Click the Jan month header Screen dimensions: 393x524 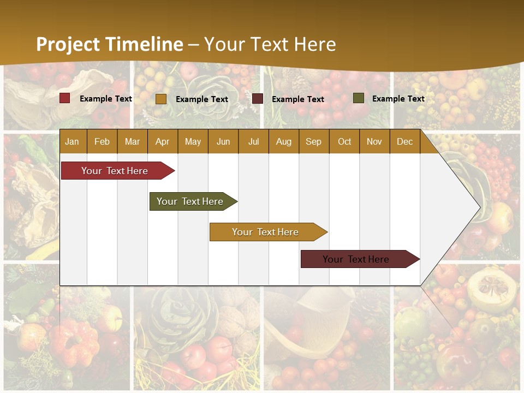click(x=72, y=142)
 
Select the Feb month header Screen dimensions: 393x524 click(x=102, y=142)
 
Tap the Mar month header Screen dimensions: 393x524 click(x=132, y=142)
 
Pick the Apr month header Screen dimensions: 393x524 click(x=162, y=142)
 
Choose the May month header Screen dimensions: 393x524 click(x=193, y=142)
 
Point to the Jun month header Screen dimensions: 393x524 click(x=223, y=142)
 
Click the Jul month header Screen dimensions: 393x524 click(x=253, y=142)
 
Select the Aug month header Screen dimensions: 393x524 click(x=283, y=142)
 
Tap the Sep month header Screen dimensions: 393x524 click(x=313, y=142)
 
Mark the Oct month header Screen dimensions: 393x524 click(x=344, y=142)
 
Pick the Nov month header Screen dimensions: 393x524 click(x=374, y=142)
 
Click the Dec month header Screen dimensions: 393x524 click(x=404, y=142)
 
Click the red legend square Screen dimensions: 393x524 click(x=65, y=98)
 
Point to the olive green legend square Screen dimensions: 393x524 click(x=358, y=98)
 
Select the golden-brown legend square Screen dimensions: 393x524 click(x=161, y=99)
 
